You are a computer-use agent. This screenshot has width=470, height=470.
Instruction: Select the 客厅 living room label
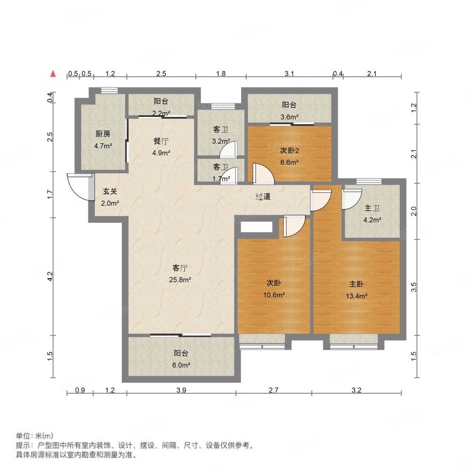[180, 268]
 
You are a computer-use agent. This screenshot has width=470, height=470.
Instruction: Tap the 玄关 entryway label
[110, 192]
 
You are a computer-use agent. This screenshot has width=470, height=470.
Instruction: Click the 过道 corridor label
[263, 196]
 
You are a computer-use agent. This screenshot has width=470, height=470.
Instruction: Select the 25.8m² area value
[180, 280]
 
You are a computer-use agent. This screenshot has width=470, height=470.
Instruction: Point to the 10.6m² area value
[274, 296]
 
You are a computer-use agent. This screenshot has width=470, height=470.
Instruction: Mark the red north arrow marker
[54, 74]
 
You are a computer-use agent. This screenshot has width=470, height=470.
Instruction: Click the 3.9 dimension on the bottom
[181, 390]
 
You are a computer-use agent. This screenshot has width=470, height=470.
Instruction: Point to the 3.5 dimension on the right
[414, 287]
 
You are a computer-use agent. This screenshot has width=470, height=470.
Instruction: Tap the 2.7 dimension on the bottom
[274, 390]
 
